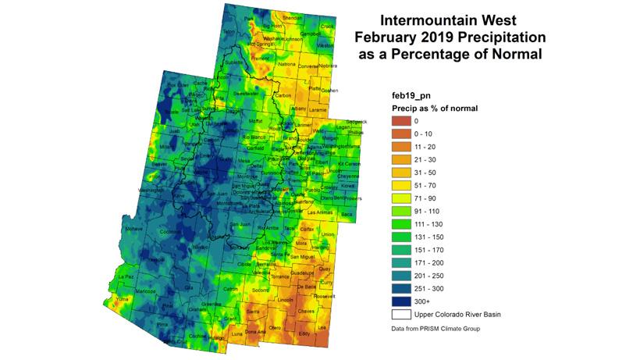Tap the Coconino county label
pyautogui.click(x=169, y=232)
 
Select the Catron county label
pyautogui.click(x=230, y=289)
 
